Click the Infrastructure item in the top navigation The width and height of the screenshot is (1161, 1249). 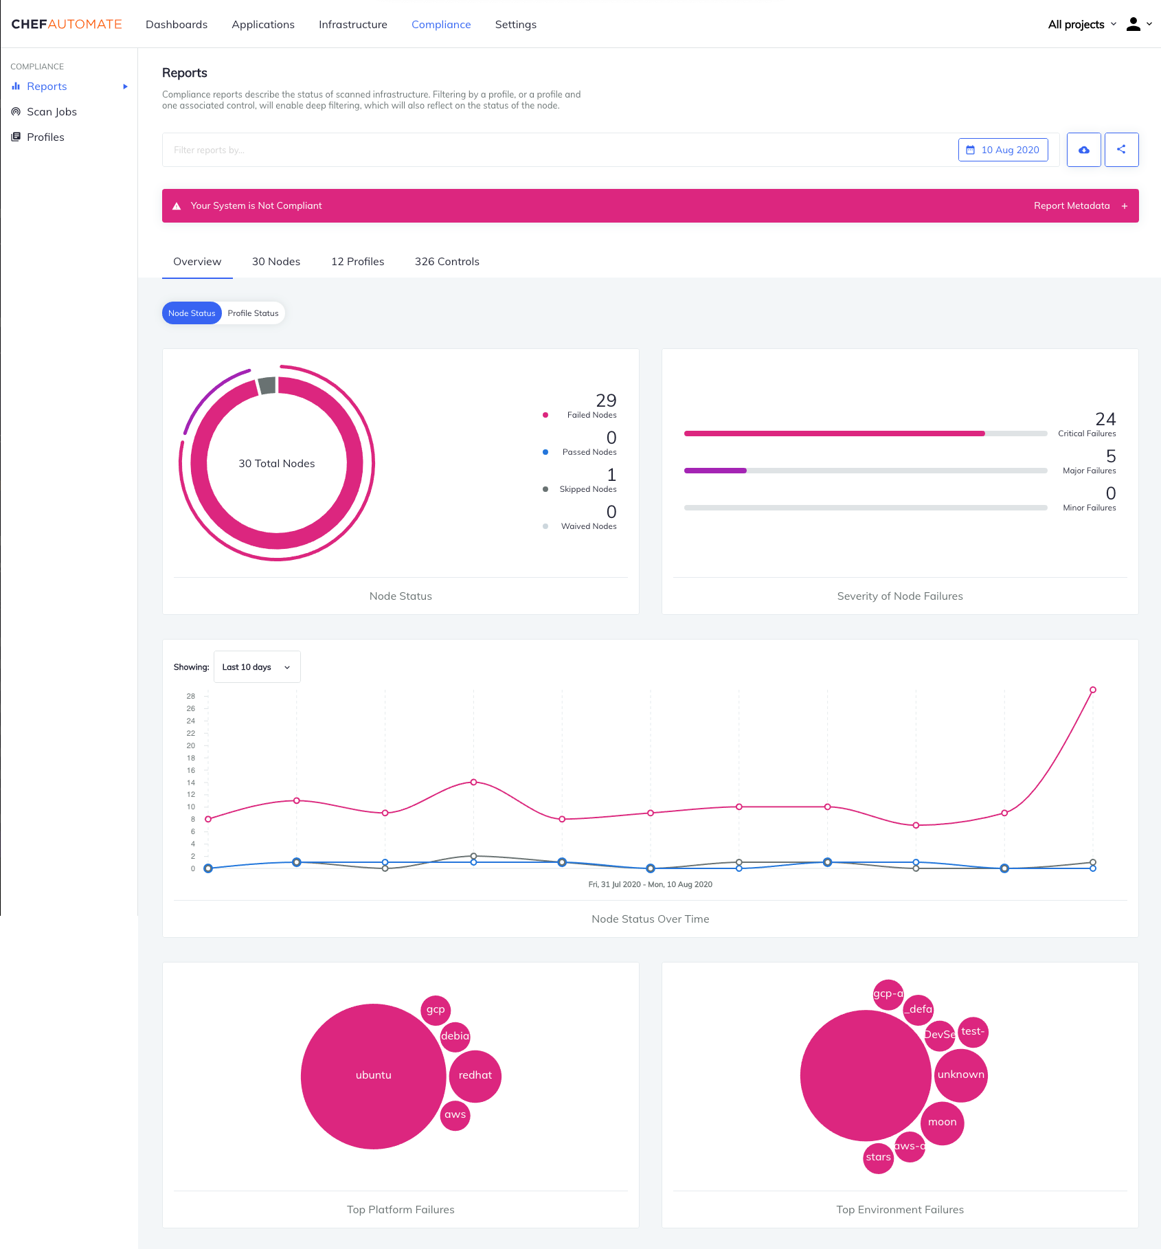point(352,25)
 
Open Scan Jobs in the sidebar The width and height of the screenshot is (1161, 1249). point(52,112)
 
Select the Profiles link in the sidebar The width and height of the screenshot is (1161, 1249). point(45,137)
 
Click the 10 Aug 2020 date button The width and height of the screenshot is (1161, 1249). point(1002,150)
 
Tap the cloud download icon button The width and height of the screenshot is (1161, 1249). point(1083,150)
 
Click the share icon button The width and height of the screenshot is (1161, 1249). point(1121,150)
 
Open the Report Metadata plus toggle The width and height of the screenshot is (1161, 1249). point(1124,206)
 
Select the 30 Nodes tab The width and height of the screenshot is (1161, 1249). point(275,262)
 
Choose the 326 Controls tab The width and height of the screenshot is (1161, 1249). point(447,262)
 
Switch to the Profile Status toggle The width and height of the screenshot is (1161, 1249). point(253,313)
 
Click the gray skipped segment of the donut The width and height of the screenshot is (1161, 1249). point(267,386)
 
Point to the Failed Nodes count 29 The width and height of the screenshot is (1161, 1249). point(606,401)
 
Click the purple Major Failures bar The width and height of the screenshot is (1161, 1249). point(715,471)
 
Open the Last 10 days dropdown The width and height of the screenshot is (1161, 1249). point(257,667)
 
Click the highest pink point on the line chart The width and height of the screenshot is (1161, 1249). point(1092,690)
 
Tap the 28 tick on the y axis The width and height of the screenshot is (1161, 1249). point(191,696)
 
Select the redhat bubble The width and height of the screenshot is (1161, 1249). point(475,1076)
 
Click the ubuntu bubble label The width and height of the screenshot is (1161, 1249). point(373,1075)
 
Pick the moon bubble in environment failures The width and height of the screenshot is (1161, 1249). point(942,1123)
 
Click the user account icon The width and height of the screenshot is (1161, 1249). point(1133,25)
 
